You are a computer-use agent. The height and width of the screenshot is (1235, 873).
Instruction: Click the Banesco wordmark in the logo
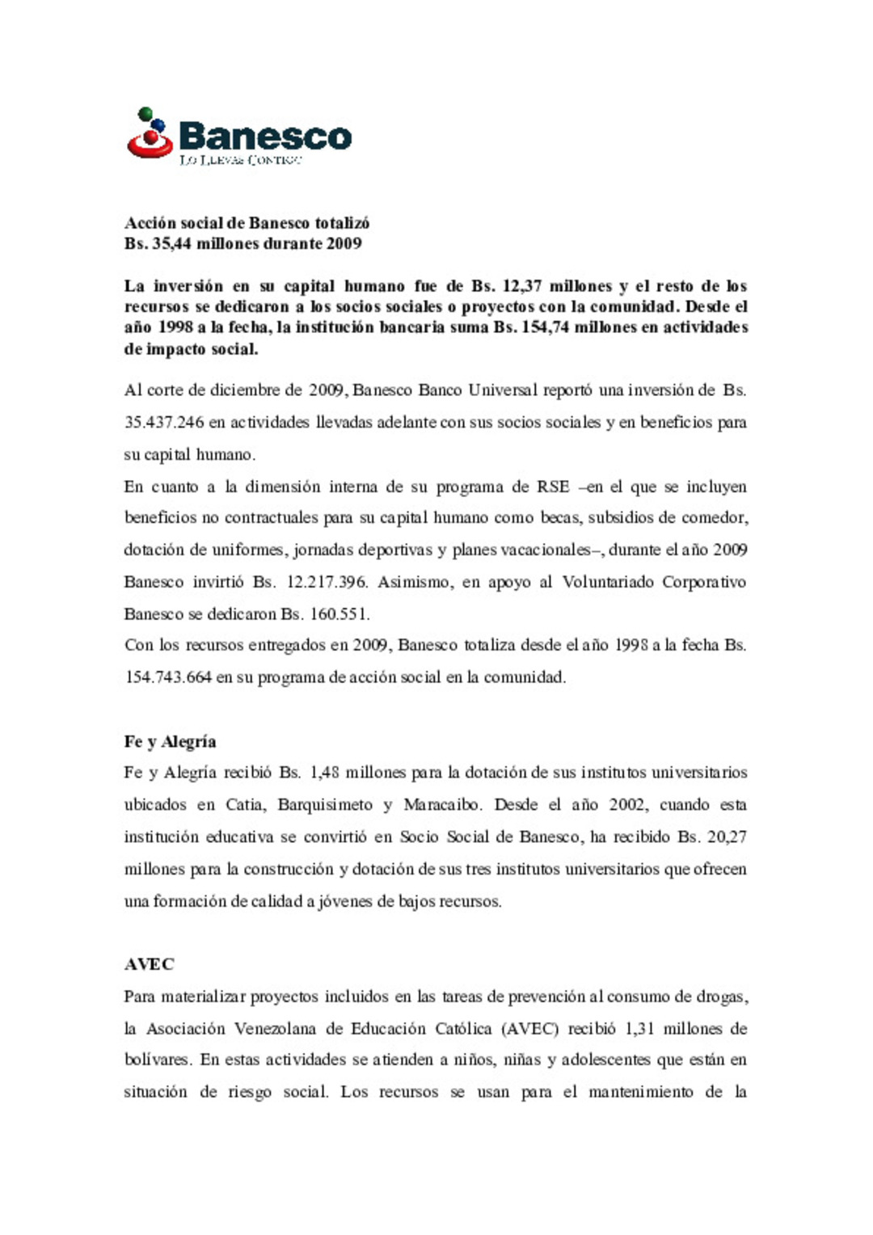click(264, 136)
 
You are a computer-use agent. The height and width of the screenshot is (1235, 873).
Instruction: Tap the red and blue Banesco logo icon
click(150, 133)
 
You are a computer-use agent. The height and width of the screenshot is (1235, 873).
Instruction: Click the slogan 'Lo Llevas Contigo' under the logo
click(240, 160)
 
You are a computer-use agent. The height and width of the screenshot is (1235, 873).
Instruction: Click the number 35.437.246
click(164, 422)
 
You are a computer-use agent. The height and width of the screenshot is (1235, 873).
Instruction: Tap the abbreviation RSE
click(553, 487)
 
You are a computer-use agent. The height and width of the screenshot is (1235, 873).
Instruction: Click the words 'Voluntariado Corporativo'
click(654, 582)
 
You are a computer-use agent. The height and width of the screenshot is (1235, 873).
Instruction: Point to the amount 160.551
click(339, 613)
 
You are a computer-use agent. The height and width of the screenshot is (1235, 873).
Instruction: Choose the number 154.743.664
click(168, 677)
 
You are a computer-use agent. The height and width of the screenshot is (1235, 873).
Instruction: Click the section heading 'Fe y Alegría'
click(170, 741)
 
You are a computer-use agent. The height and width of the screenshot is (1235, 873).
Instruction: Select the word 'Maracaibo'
click(442, 805)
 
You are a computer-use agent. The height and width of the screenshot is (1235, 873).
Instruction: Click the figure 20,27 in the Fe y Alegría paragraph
click(726, 837)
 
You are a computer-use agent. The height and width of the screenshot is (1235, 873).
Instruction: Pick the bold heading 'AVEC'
click(149, 964)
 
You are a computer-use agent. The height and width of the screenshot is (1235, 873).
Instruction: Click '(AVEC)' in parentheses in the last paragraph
click(529, 1029)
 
